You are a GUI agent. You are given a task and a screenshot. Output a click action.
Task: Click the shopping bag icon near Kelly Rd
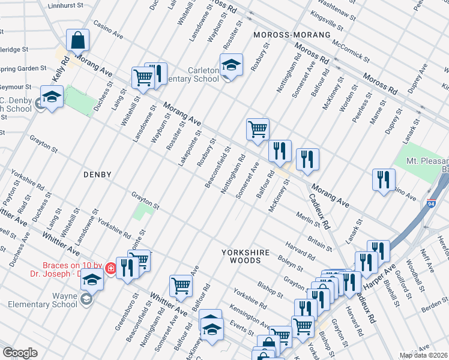coord(77,41)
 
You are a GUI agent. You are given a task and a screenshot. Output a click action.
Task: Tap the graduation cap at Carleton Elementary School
coord(231,65)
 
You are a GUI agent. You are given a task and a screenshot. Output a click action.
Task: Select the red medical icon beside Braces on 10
coord(111,268)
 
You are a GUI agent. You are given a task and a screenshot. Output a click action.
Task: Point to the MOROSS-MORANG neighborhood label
coord(292,35)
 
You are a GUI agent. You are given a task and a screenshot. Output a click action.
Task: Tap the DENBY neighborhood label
coord(97,175)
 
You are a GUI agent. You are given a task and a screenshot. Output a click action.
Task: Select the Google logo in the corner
coord(20,353)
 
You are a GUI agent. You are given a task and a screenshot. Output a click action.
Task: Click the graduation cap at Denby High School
coord(52,97)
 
